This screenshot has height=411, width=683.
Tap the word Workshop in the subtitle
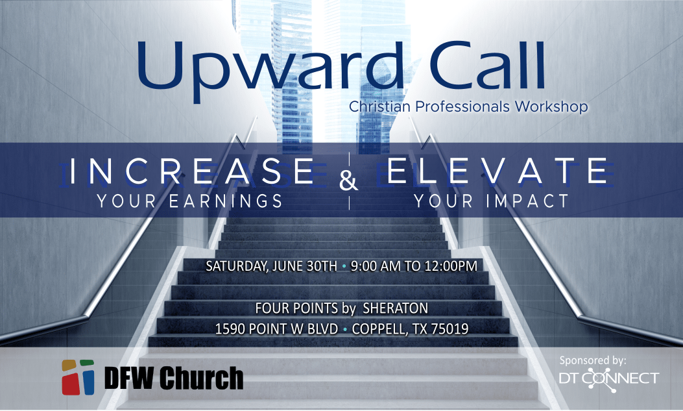551,106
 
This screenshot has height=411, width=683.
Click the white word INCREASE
191,171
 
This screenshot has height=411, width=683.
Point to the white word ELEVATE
498,171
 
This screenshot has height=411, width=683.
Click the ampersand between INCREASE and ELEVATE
348,181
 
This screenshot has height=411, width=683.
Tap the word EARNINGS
226,201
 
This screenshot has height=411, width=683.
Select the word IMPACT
527,201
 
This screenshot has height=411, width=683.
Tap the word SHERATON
396,308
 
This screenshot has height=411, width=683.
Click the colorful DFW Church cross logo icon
78,377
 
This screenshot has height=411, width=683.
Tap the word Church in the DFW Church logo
201,377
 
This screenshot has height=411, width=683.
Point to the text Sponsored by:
593,361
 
